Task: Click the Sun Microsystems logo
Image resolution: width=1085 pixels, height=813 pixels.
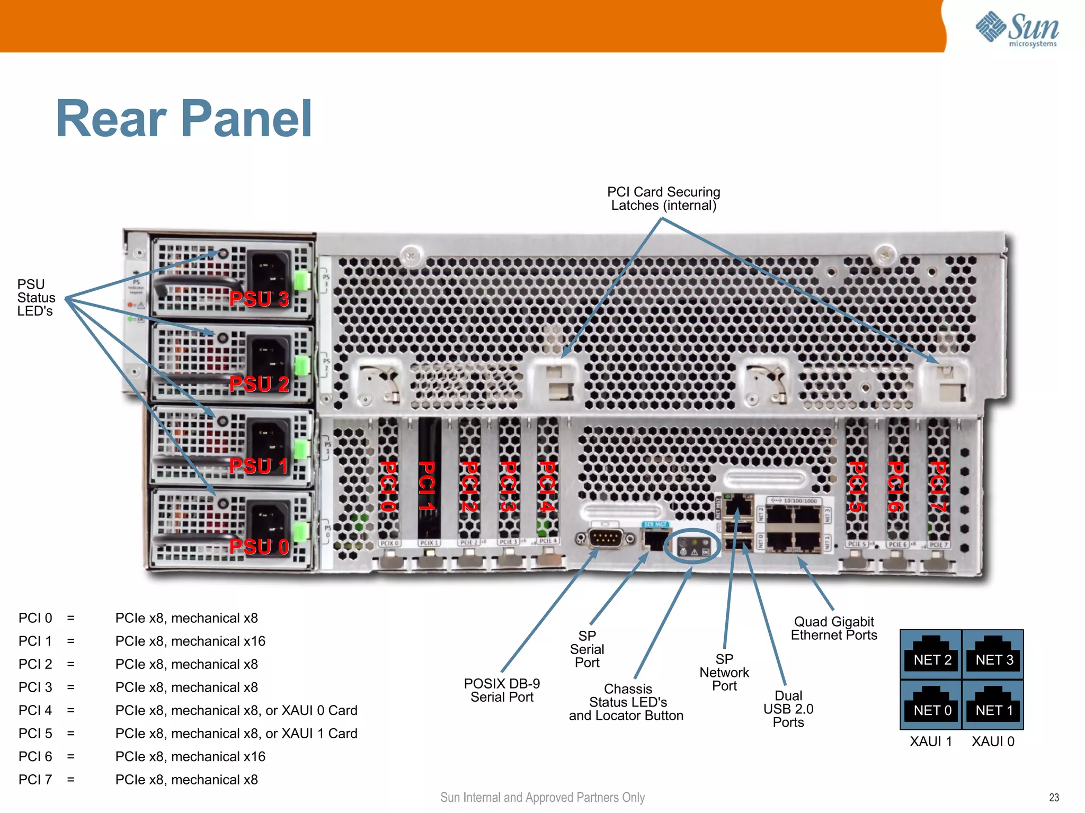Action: [x=1017, y=29]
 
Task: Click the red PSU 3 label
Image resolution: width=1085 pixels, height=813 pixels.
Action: [x=259, y=299]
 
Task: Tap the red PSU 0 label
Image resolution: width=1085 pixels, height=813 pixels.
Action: [x=259, y=547]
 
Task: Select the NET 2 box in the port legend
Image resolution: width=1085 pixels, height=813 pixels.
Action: [x=931, y=655]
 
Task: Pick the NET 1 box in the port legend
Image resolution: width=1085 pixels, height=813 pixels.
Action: [x=993, y=705]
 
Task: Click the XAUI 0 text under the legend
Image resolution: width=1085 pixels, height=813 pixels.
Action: [x=993, y=741]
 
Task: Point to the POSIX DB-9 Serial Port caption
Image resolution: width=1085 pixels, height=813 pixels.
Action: [x=502, y=690]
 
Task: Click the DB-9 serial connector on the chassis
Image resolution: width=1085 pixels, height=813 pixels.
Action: [x=606, y=539]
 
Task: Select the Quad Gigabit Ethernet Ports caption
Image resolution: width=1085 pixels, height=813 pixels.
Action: [x=834, y=628]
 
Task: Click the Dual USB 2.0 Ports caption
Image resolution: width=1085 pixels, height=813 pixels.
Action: [x=788, y=709]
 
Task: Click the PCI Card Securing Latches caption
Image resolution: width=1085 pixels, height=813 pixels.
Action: [x=663, y=199]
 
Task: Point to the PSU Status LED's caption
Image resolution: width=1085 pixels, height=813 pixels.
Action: [x=36, y=298]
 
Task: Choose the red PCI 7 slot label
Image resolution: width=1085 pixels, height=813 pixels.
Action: [x=938, y=486]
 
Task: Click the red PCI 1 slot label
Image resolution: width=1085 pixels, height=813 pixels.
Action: [x=427, y=486]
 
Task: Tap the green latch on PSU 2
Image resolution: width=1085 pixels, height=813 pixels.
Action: [x=301, y=365]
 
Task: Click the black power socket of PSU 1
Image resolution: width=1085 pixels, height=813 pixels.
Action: [x=269, y=441]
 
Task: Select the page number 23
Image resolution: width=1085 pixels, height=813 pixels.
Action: [x=1054, y=798]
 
